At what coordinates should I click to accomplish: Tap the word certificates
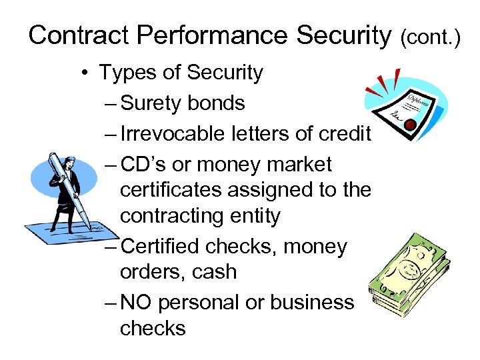[x=171, y=190]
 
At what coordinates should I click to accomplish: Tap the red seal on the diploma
[x=411, y=125]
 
